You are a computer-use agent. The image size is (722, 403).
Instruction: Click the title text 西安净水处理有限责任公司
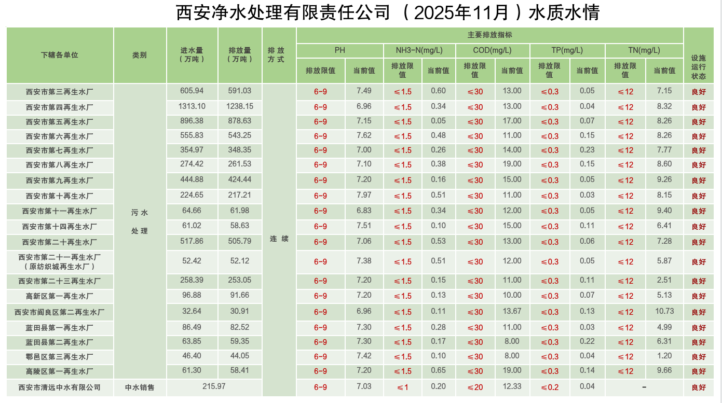pyautogui.click(x=283, y=12)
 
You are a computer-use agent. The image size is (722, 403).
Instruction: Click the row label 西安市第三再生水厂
pyautogui.click(x=60, y=92)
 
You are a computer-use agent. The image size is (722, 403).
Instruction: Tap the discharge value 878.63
pyautogui.click(x=239, y=121)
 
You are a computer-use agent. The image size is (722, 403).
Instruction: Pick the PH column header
pyautogui.click(x=339, y=50)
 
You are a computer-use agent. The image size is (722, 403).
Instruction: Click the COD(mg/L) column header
pyautogui.click(x=492, y=50)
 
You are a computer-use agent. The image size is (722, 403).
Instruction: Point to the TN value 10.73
pyautogui.click(x=664, y=311)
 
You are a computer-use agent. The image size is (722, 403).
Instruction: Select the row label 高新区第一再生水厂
pyautogui.click(x=60, y=296)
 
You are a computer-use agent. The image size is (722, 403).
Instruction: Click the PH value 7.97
pyautogui.click(x=364, y=195)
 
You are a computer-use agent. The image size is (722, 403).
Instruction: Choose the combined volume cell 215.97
pyautogui.click(x=214, y=386)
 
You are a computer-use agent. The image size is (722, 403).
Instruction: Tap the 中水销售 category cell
pyautogui.click(x=140, y=387)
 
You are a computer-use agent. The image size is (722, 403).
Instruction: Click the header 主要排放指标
pyautogui.click(x=489, y=35)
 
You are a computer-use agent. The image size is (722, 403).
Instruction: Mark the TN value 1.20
pyautogui.click(x=664, y=356)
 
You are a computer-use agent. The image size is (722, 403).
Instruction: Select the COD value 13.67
pyautogui.click(x=512, y=311)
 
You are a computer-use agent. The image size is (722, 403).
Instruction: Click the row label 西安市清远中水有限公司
pyautogui.click(x=60, y=387)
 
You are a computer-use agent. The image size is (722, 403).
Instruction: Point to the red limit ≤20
pyautogui.click(x=475, y=387)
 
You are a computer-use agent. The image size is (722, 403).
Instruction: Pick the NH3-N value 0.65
pyautogui.click(x=438, y=370)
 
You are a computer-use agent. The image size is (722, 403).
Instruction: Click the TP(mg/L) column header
pyautogui.click(x=567, y=50)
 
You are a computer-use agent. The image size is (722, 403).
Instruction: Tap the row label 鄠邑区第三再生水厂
pyautogui.click(x=60, y=357)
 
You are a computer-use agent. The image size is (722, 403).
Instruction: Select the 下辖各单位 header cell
pyautogui.click(x=60, y=55)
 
